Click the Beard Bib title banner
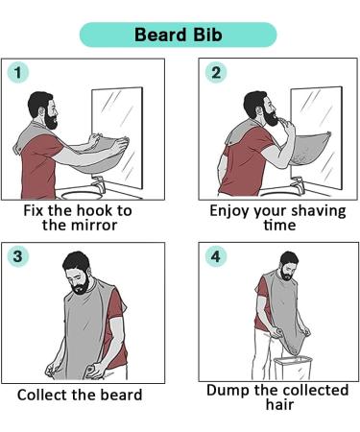(x=178, y=35)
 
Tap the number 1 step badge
(x=18, y=72)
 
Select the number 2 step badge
(x=216, y=72)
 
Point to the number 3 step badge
(x=18, y=256)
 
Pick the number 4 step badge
(x=216, y=256)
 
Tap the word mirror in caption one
(x=94, y=225)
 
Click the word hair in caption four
(x=279, y=404)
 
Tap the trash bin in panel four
(x=293, y=368)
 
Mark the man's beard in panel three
(x=81, y=285)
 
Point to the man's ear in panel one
(x=42, y=110)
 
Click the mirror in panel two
(x=316, y=137)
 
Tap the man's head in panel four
(x=289, y=266)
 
